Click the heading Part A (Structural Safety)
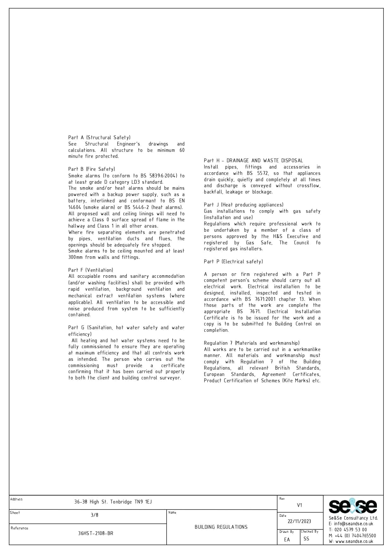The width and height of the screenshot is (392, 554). tap(99, 138)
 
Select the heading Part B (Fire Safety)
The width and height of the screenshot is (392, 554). tap(92, 169)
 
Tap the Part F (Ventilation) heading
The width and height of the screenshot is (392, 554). tap(91, 270)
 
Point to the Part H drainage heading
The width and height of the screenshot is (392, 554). tap(253, 161)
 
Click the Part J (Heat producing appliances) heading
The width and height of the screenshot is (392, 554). tap(244, 205)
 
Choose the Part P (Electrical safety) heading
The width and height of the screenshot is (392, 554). tap(233, 262)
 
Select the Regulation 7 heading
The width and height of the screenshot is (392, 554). tap(252, 343)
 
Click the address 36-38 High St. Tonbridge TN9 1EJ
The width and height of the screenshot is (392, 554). tap(113, 502)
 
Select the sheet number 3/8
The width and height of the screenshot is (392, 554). tap(95, 515)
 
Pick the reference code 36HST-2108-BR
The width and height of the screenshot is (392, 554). tap(95, 533)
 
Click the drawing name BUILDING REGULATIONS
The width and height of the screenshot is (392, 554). tap(221, 527)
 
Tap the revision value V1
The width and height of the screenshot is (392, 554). tap(299, 505)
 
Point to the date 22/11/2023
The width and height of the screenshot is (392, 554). tap(299, 521)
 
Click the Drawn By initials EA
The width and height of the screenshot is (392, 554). tap(287, 540)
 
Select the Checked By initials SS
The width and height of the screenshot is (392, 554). tap(306, 539)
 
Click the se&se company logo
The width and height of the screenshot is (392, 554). tap(353, 507)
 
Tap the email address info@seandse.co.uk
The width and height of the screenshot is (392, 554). tap(353, 524)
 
